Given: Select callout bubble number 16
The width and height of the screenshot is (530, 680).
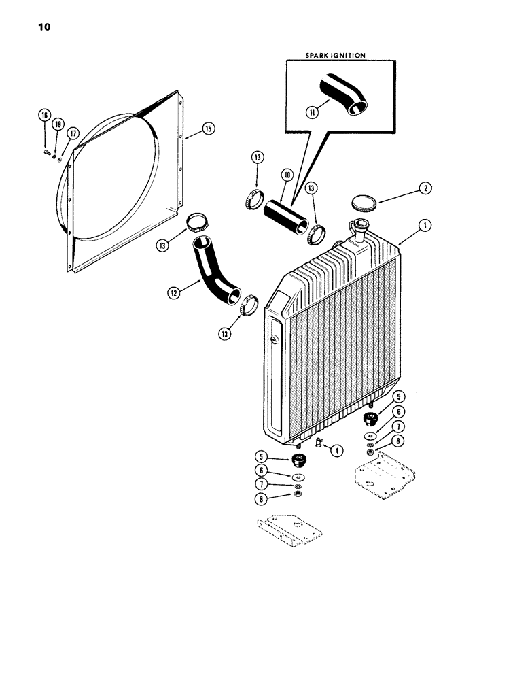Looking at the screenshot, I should coord(44,115).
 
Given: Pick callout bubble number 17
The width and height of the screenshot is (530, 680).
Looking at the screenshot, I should coord(72,132).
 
